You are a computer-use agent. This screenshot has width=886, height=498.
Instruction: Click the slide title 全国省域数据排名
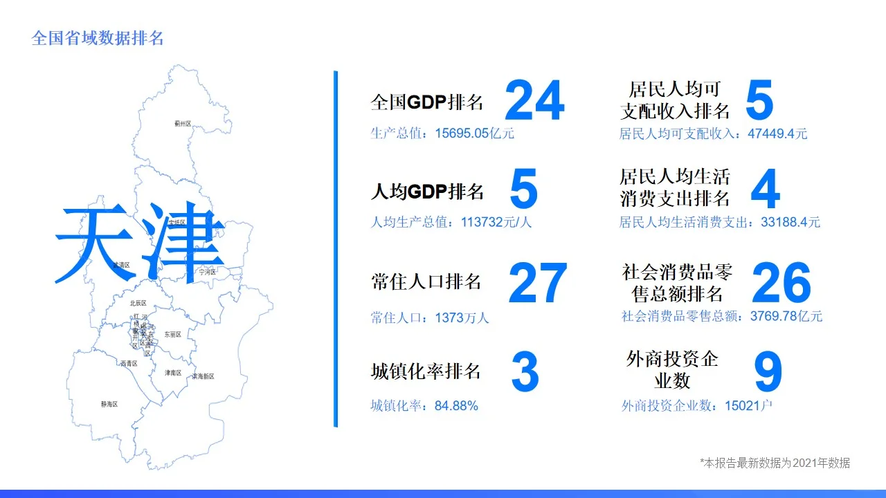[98, 38]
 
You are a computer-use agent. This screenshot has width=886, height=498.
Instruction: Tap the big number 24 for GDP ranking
[534, 101]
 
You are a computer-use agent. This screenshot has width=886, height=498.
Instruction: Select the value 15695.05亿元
[474, 133]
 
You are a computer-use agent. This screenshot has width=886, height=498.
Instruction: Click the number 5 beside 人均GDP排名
[523, 190]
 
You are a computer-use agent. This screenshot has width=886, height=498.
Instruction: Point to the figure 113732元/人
[496, 223]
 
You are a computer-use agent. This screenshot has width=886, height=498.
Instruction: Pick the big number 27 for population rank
[537, 284]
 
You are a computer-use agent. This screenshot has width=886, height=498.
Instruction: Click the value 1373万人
[462, 318]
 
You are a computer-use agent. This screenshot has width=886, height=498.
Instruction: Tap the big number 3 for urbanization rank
[525, 372]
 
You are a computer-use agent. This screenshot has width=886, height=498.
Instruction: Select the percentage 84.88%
[456, 406]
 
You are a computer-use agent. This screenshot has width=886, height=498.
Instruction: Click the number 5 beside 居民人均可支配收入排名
[759, 101]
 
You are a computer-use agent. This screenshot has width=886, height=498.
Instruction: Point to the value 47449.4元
[777, 133]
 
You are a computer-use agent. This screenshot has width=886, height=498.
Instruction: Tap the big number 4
[764, 190]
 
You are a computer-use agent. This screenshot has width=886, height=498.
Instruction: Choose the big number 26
[781, 284]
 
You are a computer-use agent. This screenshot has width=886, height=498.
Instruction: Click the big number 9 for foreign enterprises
[768, 372]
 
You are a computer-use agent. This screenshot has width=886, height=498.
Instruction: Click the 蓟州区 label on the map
[183, 124]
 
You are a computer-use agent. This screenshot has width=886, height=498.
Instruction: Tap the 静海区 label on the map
[109, 404]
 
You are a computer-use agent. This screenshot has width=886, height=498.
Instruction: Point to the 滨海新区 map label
[203, 376]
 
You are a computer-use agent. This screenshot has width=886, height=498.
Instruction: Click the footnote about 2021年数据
[775, 463]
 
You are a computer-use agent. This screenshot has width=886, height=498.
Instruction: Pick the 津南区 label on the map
[173, 373]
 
